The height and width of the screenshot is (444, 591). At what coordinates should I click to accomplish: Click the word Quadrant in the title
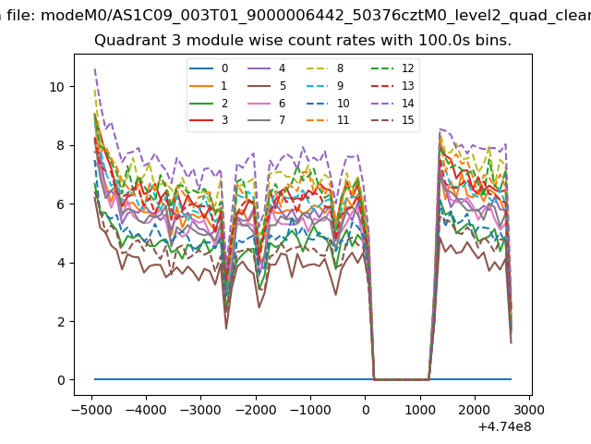pyautogui.click(x=128, y=42)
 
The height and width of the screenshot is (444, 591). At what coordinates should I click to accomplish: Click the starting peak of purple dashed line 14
pyautogui.click(x=94, y=69)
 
